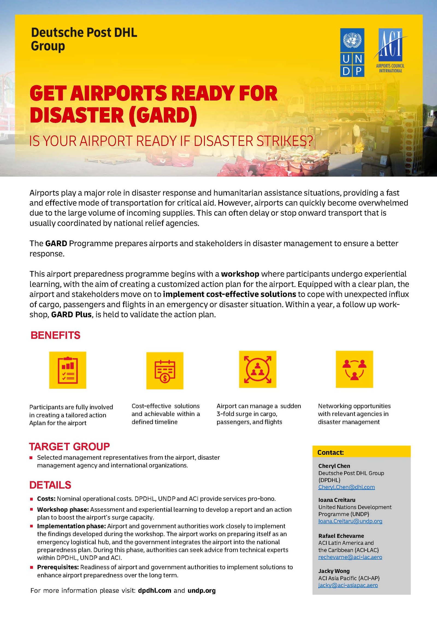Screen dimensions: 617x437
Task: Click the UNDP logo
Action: (x=352, y=52)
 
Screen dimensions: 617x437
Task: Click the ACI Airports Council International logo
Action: (x=390, y=50)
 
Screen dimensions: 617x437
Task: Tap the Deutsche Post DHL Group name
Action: (x=84, y=39)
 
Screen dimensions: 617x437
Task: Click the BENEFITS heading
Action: (x=55, y=335)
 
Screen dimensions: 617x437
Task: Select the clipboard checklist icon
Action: (x=68, y=370)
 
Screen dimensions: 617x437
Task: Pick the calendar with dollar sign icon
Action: (x=165, y=371)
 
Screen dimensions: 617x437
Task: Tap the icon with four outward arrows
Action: (x=258, y=369)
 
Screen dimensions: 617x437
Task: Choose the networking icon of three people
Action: (x=354, y=369)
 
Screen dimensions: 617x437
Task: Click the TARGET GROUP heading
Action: (x=69, y=447)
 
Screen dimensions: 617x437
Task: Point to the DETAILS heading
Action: (x=50, y=485)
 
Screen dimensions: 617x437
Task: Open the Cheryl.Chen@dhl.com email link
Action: (x=346, y=487)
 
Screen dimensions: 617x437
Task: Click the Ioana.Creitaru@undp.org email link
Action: (x=350, y=521)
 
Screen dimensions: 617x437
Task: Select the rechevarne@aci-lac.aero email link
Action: (x=350, y=557)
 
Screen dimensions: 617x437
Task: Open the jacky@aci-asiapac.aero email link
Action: (x=348, y=585)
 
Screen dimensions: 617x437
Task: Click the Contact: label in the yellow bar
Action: (x=330, y=453)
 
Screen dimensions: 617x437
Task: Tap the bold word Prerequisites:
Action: (x=58, y=567)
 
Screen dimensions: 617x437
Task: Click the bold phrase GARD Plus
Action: (x=71, y=314)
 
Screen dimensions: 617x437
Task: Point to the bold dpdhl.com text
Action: (x=155, y=591)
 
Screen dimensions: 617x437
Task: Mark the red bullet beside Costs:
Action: (x=31, y=499)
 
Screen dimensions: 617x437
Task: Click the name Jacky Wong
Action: (x=334, y=571)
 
